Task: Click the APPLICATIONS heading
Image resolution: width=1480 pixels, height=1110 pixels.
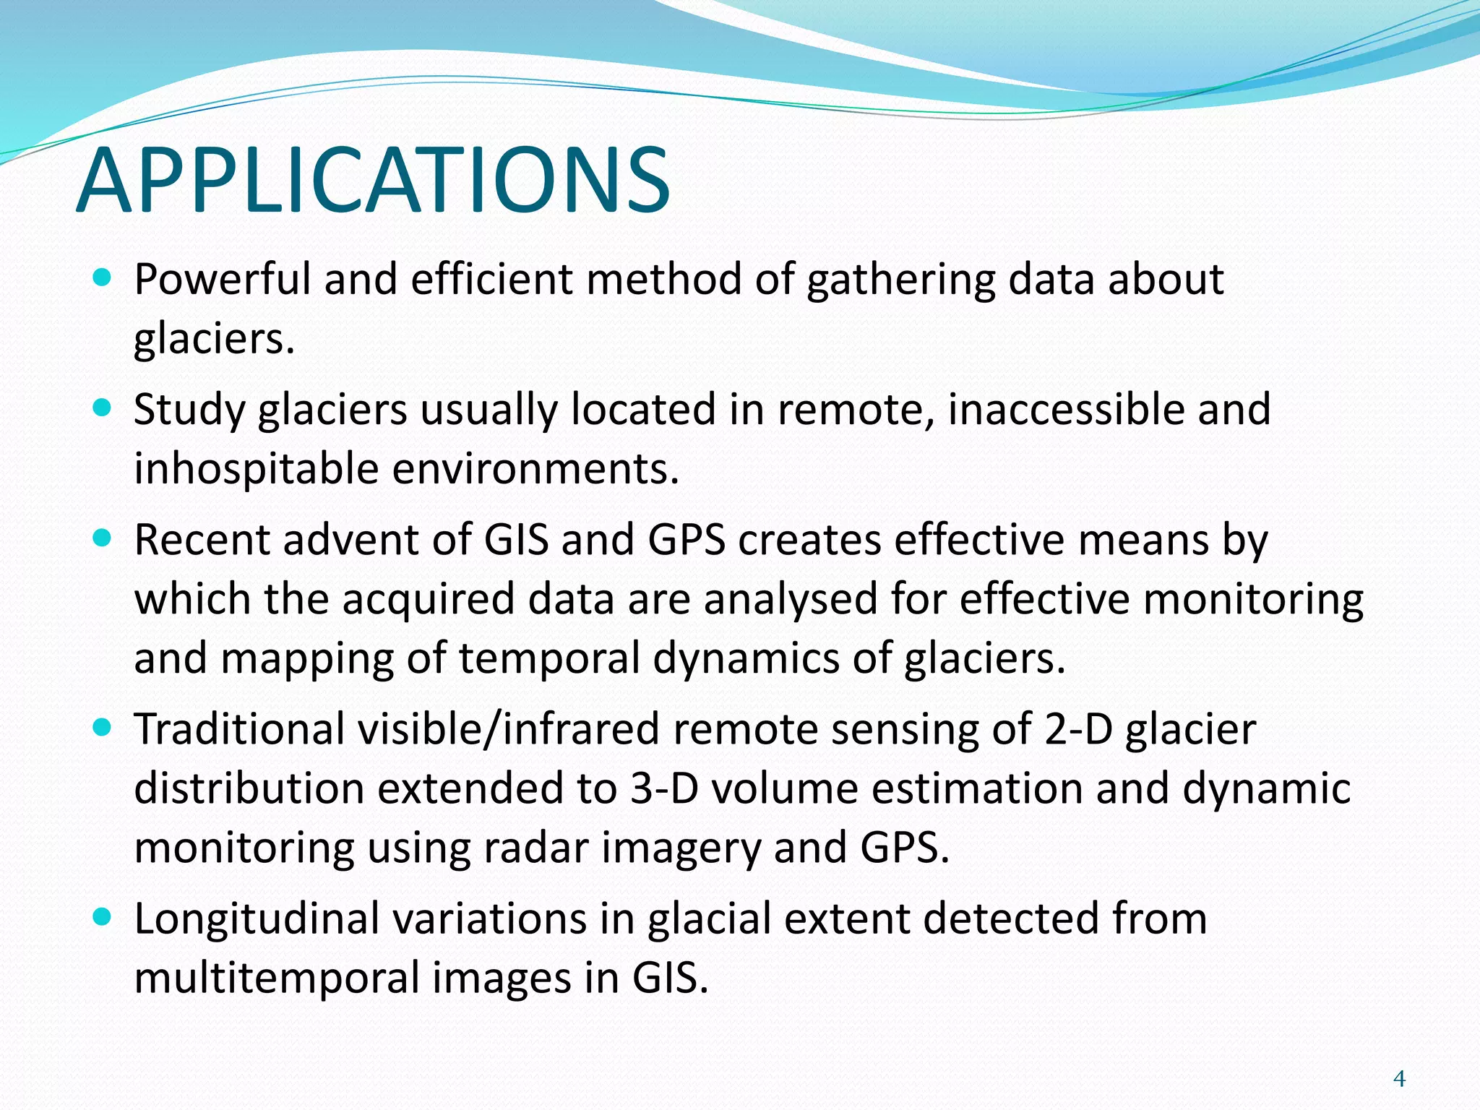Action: point(373,181)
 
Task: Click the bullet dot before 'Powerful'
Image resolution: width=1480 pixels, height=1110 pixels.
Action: point(103,277)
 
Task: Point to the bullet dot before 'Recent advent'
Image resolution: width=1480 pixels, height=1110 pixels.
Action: point(103,538)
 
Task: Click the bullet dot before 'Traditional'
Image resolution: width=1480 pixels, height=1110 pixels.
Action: point(103,728)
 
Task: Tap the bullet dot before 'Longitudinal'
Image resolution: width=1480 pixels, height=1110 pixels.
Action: point(103,917)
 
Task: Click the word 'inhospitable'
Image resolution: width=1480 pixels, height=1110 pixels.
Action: point(256,470)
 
